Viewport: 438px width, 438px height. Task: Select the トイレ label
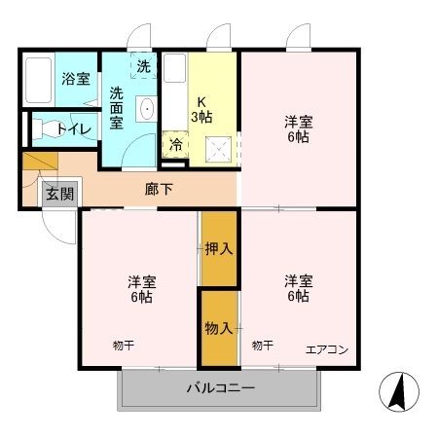coord(73,128)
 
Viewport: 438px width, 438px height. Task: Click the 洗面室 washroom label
coord(116,107)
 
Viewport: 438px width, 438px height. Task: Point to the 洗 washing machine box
coord(143,67)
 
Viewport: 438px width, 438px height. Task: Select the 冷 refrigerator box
coord(175,145)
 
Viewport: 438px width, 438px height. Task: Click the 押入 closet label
coord(219,248)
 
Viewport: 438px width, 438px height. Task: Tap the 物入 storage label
coord(218,328)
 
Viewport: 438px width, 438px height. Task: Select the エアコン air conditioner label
coord(326,349)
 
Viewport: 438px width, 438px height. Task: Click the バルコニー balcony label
coord(221,389)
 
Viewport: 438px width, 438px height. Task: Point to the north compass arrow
coord(397,391)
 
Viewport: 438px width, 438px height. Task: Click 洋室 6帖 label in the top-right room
coord(298,129)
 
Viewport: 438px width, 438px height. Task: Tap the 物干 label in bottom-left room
coord(123,344)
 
